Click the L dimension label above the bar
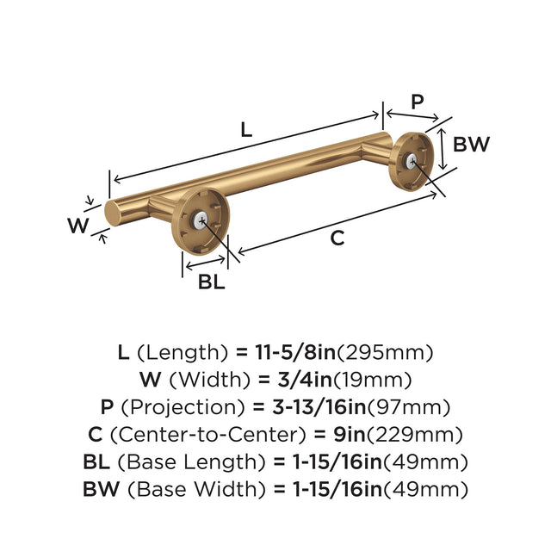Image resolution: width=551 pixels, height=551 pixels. (247, 129)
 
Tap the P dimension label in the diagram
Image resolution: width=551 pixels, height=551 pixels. (417, 102)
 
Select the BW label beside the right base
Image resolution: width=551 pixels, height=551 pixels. (471, 144)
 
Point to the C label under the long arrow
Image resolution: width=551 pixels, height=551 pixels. (337, 238)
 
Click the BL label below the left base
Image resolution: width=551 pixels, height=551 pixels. (211, 282)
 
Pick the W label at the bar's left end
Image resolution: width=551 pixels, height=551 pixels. (78, 226)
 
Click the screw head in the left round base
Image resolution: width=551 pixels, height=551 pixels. (201, 220)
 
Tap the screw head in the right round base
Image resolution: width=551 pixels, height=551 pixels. (412, 161)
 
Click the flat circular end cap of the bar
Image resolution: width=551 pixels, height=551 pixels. (112, 214)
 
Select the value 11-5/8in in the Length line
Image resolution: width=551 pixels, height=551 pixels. (295, 352)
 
